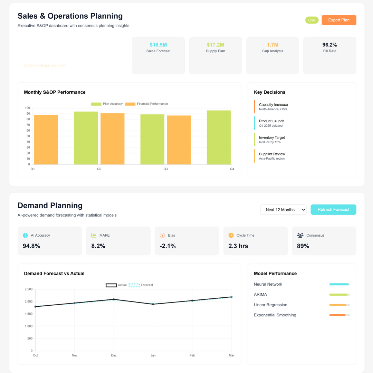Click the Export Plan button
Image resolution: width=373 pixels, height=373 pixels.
[x=338, y=20]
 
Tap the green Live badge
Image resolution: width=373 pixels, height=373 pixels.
[x=312, y=20]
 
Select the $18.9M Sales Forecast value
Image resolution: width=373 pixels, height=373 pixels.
[x=158, y=45]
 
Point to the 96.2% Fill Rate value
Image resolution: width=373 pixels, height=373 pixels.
[x=329, y=45]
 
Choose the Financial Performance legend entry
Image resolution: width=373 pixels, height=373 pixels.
[x=146, y=104]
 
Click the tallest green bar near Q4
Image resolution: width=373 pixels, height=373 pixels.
[x=219, y=137]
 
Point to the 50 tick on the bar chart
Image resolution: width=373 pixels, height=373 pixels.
[x=28, y=136]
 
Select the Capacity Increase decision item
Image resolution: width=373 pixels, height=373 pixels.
[x=273, y=107]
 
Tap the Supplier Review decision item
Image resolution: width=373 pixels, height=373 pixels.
[x=272, y=156]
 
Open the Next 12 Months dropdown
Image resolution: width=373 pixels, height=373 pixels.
[x=283, y=210]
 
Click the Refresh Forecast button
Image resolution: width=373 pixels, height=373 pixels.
[x=333, y=210]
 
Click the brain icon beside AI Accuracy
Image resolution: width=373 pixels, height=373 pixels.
[x=25, y=235]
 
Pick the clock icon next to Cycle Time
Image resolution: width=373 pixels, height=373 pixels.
[x=231, y=235]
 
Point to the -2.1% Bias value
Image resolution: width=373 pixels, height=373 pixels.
[x=168, y=246]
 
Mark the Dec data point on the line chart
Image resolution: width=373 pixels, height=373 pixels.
[x=114, y=299]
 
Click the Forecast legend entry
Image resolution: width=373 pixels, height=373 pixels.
[x=141, y=285]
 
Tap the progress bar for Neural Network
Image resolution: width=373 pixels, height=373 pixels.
[x=339, y=284]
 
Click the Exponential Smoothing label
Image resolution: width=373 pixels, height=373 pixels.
[x=275, y=315]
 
